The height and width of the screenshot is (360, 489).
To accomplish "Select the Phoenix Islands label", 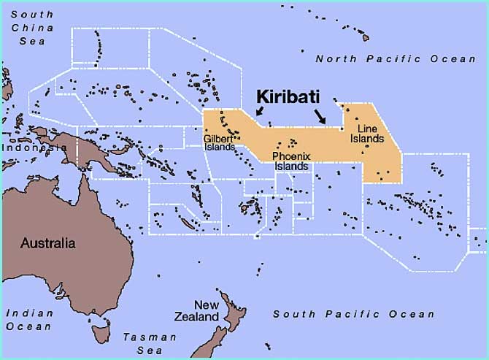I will click(292, 161).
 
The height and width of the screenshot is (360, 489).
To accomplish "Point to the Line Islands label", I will click(372, 134).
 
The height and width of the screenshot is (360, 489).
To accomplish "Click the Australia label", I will click(48, 243).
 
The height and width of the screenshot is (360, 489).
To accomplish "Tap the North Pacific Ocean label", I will click(395, 58).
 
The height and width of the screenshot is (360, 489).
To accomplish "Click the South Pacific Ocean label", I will click(353, 314).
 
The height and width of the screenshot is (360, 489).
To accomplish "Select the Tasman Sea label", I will click(150, 343).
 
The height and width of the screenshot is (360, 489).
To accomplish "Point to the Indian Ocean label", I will click(29, 320).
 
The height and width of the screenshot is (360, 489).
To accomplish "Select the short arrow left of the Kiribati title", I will click(259, 112).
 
